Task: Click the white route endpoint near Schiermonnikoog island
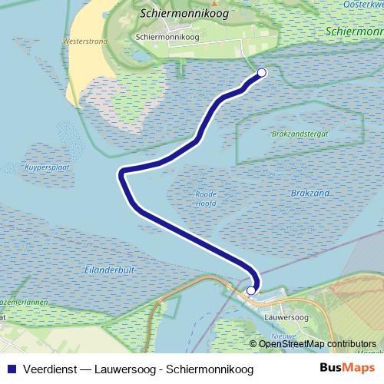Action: (x=261, y=73)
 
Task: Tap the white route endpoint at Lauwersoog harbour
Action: (x=251, y=290)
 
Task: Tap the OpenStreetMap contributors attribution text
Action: (x=318, y=343)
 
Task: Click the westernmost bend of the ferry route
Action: (x=121, y=174)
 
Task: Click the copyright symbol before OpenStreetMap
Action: (x=253, y=343)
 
